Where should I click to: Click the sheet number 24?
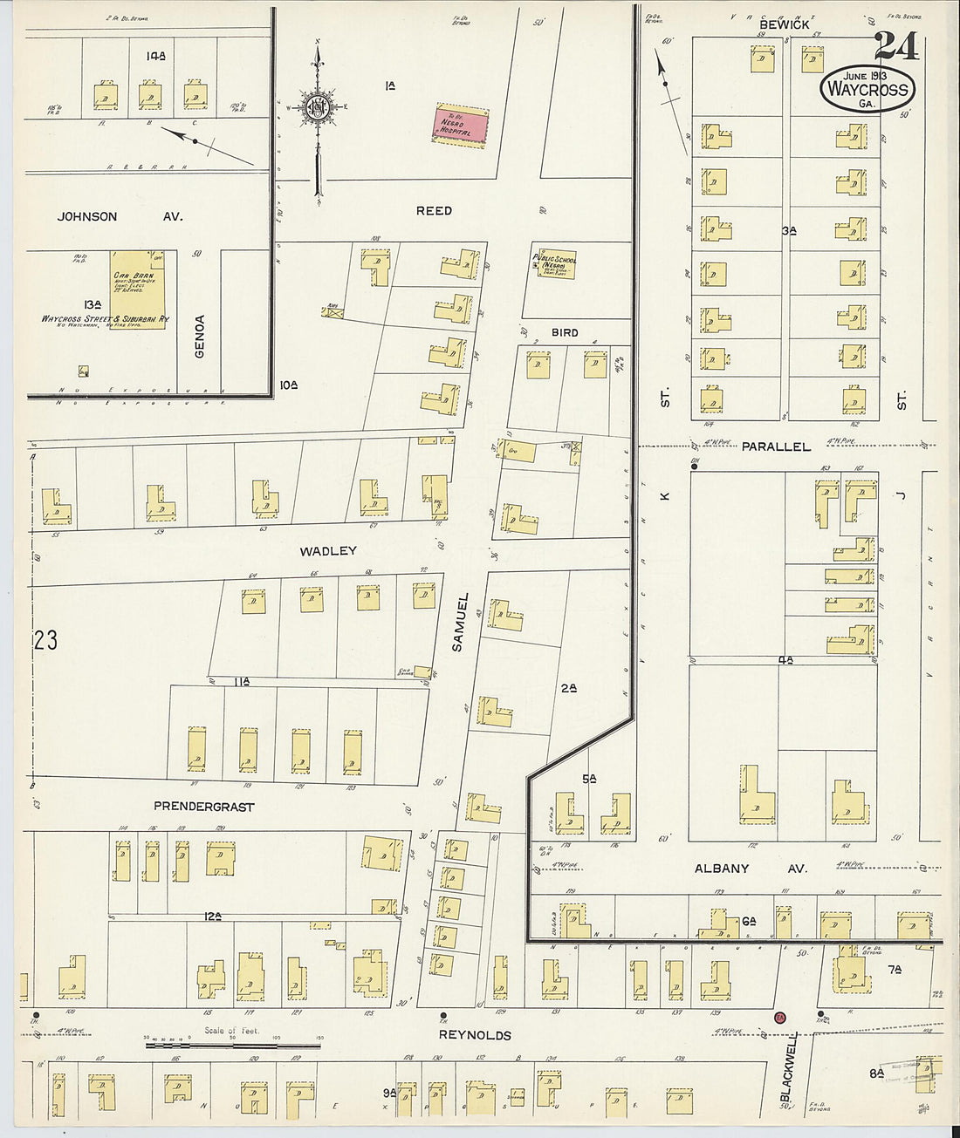[x=896, y=46]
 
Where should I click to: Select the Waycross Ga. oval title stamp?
[x=867, y=89]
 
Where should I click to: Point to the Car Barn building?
[x=137, y=289]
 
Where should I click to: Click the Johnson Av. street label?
[x=120, y=216]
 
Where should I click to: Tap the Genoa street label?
[x=200, y=336]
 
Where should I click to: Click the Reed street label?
[x=434, y=211]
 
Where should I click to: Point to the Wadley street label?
[x=328, y=551]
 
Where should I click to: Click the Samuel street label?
[x=461, y=622]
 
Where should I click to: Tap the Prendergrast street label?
[x=203, y=807]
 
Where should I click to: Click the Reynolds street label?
[x=475, y=1035]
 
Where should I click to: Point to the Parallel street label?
[x=776, y=446]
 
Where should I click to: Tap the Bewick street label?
[x=784, y=25]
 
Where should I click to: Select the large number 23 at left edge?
[x=45, y=641]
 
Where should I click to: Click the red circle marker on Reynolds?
[x=780, y=1017]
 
